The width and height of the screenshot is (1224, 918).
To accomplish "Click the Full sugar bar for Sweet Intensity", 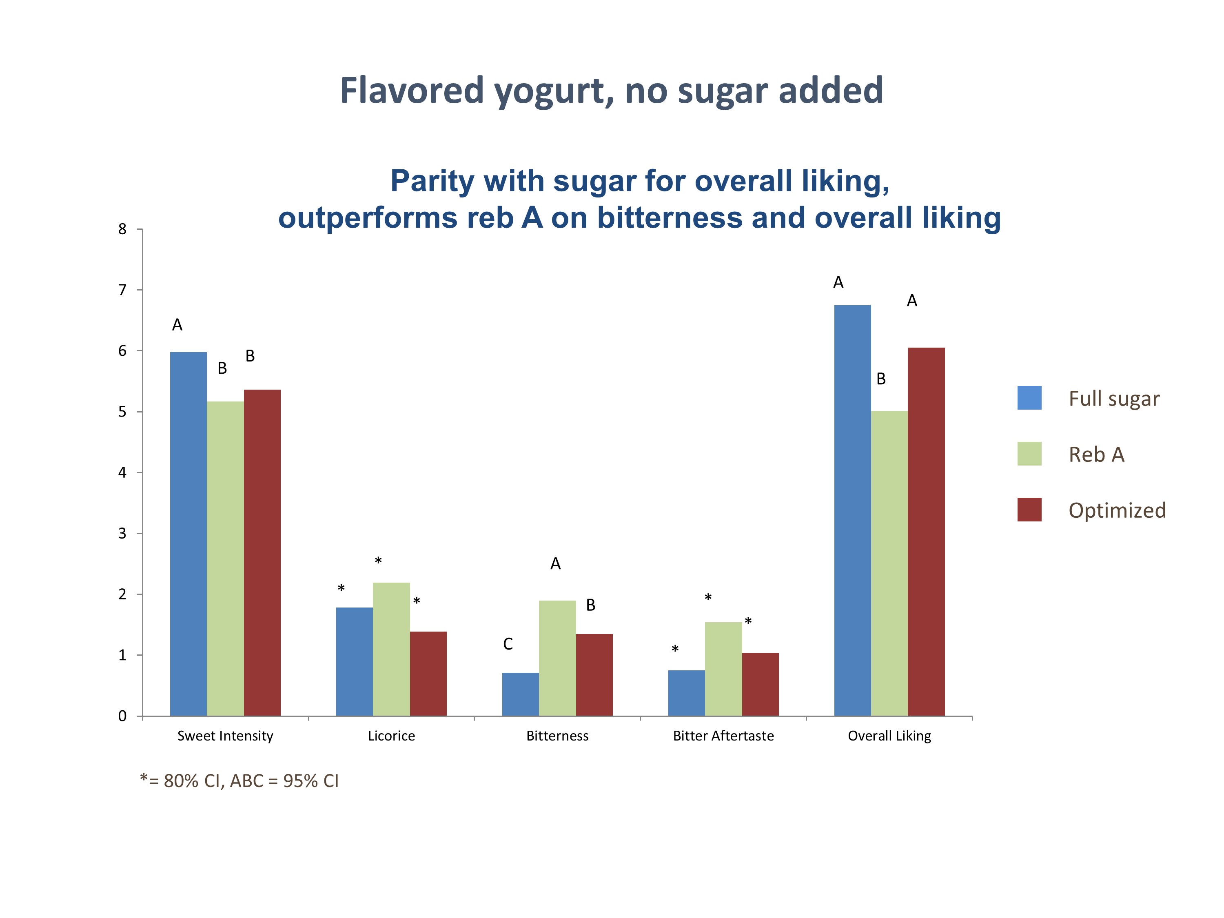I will click(x=188, y=534).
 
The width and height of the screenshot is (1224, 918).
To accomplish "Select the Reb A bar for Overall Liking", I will click(x=889, y=563).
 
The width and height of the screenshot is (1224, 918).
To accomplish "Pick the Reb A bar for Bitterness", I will click(x=557, y=658).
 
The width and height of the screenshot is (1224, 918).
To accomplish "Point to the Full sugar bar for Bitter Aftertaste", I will click(x=686, y=693).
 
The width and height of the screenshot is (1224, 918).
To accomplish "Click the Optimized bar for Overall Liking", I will click(x=926, y=531).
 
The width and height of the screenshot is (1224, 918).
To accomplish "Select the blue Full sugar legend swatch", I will click(x=1029, y=398).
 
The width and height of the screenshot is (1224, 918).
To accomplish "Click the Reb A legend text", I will click(x=1096, y=454).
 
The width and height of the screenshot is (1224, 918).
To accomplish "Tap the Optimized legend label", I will click(x=1117, y=510).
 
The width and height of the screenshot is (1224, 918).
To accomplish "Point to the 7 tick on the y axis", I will click(x=122, y=290).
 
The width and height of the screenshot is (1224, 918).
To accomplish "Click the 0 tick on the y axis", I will click(x=122, y=716).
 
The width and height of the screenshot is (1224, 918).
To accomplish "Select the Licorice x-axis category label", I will click(x=391, y=736).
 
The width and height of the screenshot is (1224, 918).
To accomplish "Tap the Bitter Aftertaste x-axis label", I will click(x=723, y=736).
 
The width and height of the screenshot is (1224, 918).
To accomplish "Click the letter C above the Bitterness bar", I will click(x=508, y=643).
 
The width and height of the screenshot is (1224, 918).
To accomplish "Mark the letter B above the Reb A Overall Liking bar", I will click(x=881, y=379).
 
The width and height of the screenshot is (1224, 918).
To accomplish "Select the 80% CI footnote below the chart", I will click(x=239, y=781).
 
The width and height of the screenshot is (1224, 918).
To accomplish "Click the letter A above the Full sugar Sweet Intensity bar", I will click(x=177, y=325).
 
